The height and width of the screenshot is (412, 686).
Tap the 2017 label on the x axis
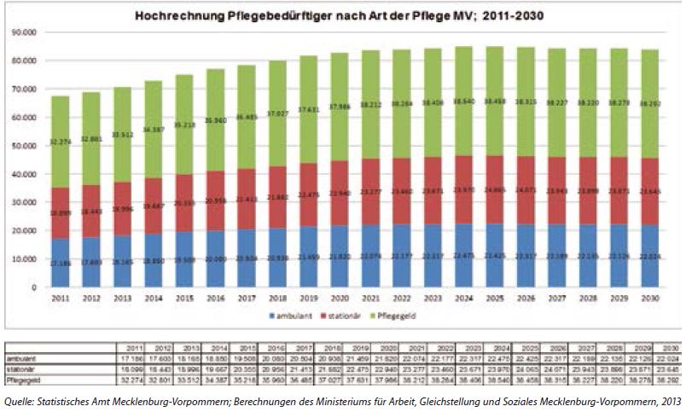tap(247, 298)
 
